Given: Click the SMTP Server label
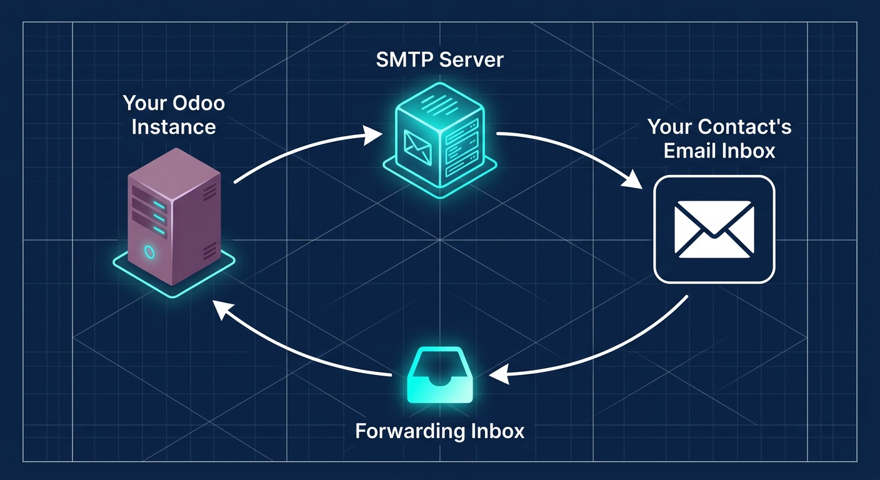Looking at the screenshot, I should tap(439, 60).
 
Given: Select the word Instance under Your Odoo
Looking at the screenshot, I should tap(174, 127).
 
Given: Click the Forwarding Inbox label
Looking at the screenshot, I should tap(439, 431).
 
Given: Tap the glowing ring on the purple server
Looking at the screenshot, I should tap(149, 251).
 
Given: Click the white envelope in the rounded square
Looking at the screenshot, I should tap(714, 229).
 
